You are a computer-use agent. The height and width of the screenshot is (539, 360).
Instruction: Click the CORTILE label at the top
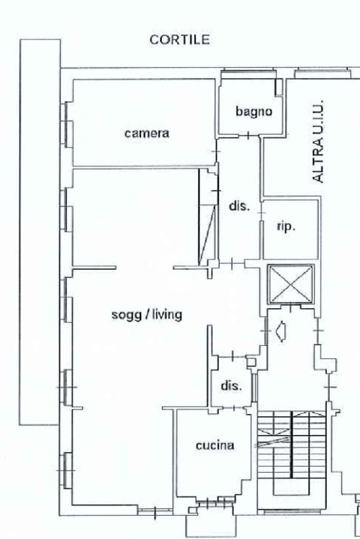[x=180, y=40]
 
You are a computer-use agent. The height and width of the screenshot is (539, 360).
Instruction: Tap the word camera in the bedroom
[x=147, y=133]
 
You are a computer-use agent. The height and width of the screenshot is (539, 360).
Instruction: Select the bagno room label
[x=254, y=111]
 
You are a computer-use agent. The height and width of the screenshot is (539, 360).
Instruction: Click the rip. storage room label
[x=286, y=227]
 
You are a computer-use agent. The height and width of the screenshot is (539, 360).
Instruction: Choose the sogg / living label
[x=147, y=315]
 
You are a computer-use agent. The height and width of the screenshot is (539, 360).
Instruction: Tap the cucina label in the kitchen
[x=215, y=445]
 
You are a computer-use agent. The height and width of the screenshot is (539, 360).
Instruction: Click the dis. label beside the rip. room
[x=239, y=206]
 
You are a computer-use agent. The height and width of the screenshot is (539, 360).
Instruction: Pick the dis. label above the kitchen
[x=231, y=386]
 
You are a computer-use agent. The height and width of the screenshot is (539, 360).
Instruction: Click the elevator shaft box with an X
[x=291, y=285]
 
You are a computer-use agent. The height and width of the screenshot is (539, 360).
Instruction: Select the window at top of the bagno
[x=248, y=74]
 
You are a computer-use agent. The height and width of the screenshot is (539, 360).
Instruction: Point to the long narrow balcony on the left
[x=40, y=232]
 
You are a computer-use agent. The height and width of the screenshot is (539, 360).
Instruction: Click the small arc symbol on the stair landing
[x=281, y=332]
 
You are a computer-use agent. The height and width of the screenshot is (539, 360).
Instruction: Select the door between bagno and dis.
[x=248, y=135]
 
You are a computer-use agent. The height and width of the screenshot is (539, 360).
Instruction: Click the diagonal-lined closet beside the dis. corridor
[x=208, y=217]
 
